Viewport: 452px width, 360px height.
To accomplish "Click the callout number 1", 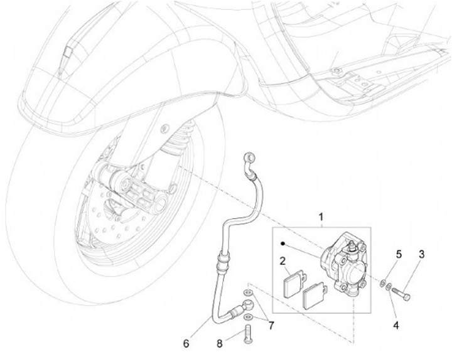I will pos(321,218).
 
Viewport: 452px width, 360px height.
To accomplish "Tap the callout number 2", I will pos(283,260).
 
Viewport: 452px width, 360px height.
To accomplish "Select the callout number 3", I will pos(422,254).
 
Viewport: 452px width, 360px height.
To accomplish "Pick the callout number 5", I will pos(398,254).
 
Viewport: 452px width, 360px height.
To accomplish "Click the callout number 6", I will pos(186,343).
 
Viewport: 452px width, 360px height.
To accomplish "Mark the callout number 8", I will pos(220,343).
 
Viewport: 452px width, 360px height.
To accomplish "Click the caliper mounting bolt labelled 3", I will pos(405,292).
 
